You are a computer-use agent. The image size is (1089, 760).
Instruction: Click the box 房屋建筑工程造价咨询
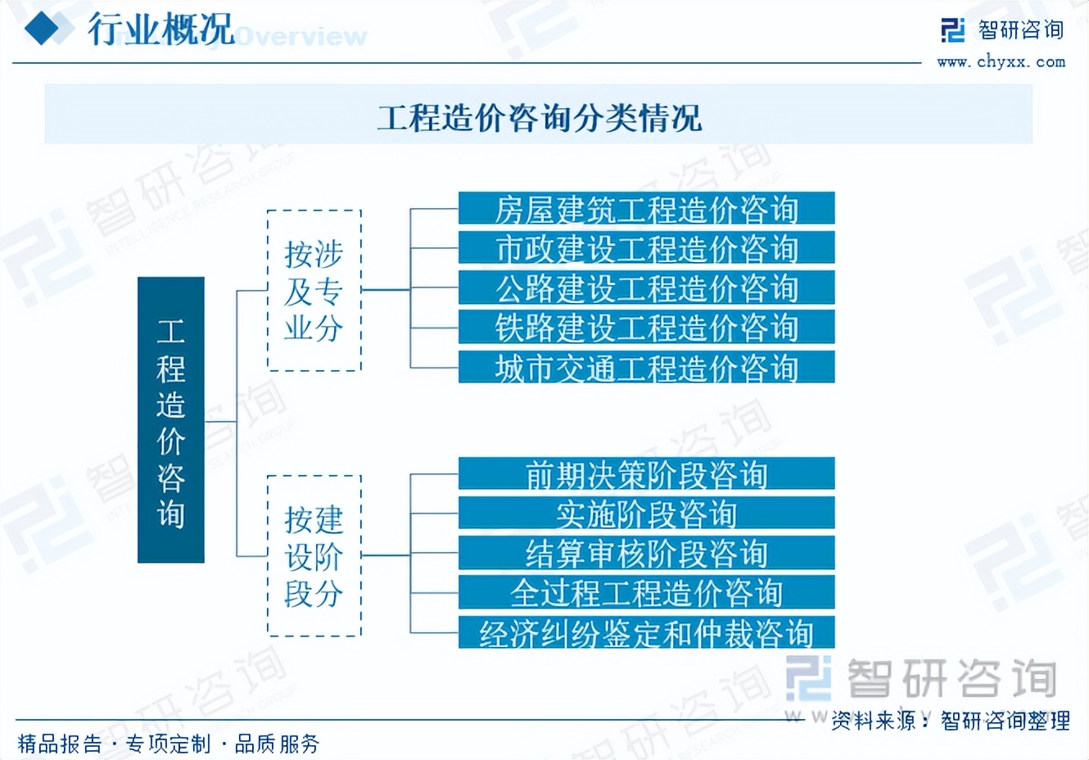(646, 209)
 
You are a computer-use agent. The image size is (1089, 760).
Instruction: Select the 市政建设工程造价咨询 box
(646, 248)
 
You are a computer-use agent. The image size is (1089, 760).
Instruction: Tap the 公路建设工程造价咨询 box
(646, 287)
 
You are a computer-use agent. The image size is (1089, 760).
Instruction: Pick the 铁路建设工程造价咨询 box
(646, 327)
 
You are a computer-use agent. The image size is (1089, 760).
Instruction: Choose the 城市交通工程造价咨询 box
(646, 367)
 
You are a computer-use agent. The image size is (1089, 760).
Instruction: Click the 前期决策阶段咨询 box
(646, 474)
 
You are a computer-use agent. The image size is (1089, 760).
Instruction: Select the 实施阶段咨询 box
(646, 513)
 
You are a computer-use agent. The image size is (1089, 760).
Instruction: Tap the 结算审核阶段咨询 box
(646, 553)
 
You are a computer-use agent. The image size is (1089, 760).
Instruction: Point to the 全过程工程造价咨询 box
(646, 592)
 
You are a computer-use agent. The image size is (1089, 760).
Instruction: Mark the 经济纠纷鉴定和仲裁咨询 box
(646, 632)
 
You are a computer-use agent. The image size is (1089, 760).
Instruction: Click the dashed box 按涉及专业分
(314, 291)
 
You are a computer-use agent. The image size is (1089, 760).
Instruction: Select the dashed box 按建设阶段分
(314, 556)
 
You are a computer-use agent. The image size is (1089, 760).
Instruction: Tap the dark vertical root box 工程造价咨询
(170, 420)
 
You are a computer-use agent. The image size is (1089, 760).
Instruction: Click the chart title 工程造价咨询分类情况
(539, 117)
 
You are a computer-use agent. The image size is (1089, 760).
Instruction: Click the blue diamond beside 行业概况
(43, 30)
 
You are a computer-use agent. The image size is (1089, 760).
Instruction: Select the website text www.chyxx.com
(1001, 61)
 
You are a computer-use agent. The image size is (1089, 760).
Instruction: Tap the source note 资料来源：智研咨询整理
(950, 721)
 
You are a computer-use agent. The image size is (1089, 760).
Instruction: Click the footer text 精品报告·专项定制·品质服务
(169, 744)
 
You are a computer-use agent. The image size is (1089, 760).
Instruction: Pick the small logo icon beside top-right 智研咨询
(953, 30)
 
